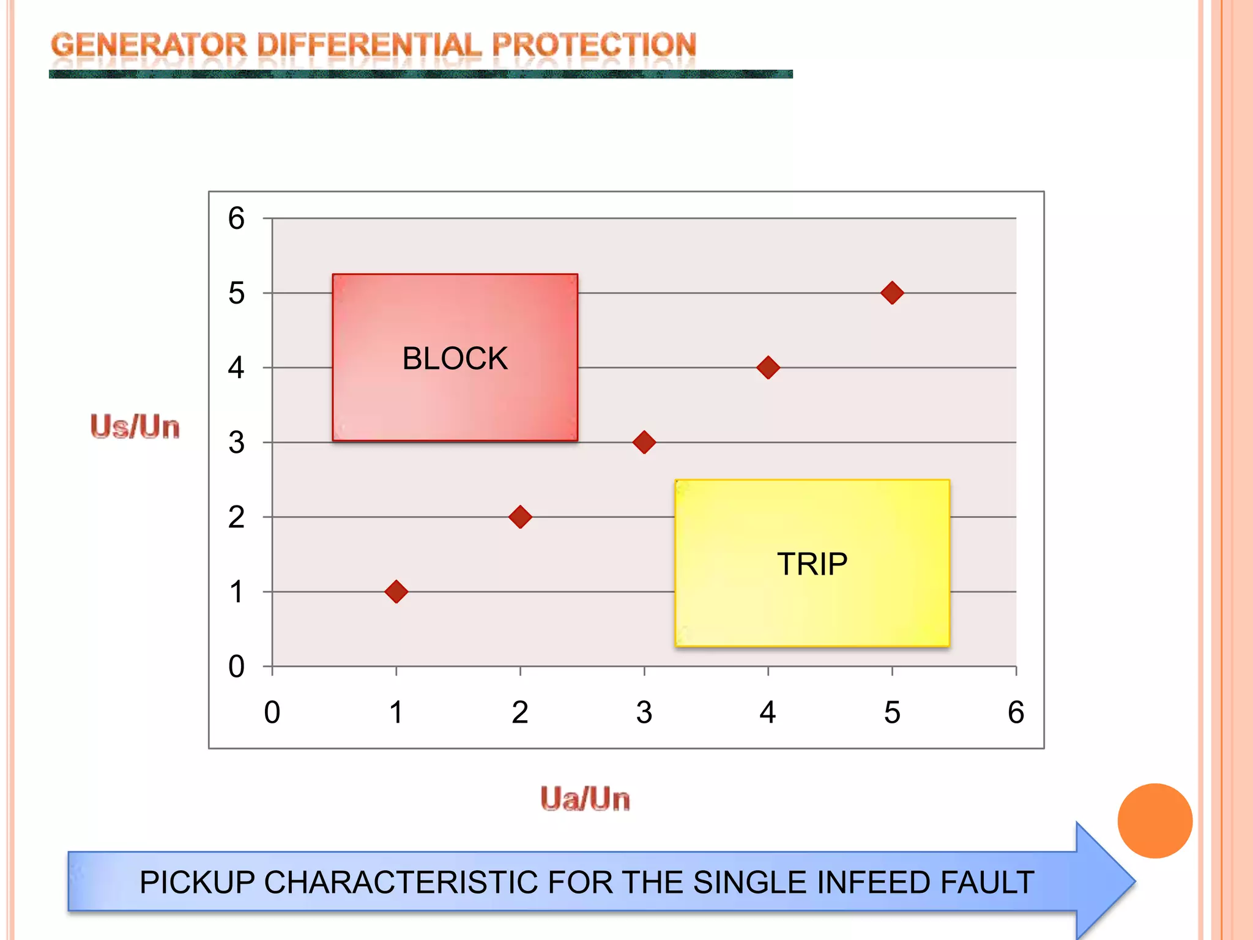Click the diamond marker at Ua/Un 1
[x=396, y=592]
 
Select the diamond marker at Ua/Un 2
[x=520, y=517]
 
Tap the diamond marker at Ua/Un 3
[x=644, y=442]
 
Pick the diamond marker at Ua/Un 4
[x=768, y=368]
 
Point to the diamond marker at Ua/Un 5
[x=892, y=293]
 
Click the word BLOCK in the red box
[x=455, y=359]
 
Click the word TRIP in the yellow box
[x=812, y=564]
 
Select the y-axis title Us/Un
[x=135, y=427]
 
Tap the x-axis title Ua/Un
[x=585, y=799]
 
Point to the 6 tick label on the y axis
[x=236, y=218]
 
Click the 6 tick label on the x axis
[x=1016, y=712]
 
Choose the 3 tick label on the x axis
[x=644, y=712]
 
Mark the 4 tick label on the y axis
[x=236, y=368]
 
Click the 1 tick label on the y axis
[x=236, y=592]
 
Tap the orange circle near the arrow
[x=1154, y=821]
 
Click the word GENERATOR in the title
[x=149, y=46]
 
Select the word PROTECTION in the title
[x=593, y=46]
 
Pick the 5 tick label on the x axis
[x=892, y=712]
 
